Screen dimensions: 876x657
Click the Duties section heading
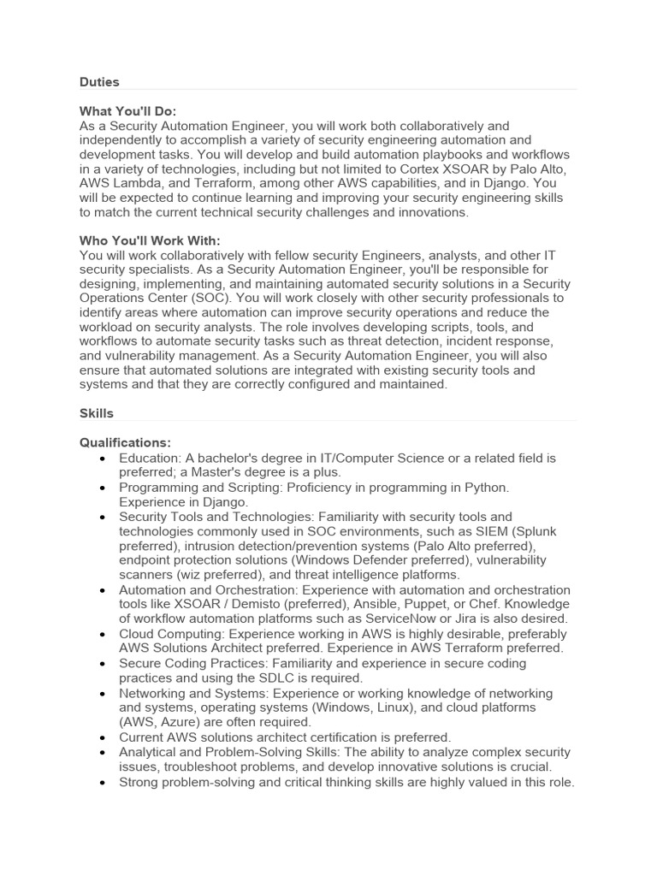tap(99, 82)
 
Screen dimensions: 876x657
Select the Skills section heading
tap(97, 413)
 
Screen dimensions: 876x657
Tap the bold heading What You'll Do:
tap(127, 111)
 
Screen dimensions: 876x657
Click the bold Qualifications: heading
tap(125, 442)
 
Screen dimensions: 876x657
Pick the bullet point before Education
tap(103, 458)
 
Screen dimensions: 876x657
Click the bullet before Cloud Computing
tap(103, 634)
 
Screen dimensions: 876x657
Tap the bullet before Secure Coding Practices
tap(103, 663)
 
